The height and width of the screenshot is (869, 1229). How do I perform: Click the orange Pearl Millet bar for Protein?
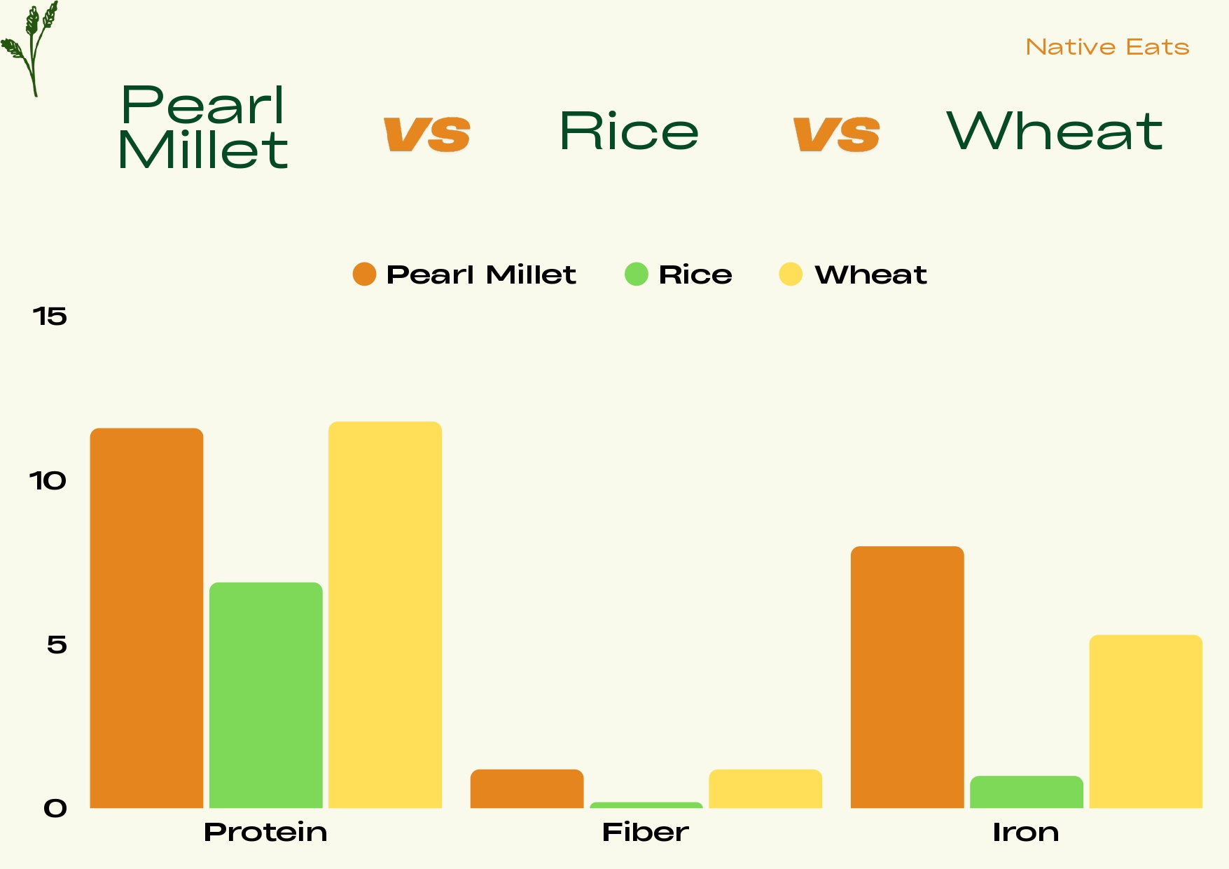[x=147, y=618]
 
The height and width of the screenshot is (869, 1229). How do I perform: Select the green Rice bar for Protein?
[x=266, y=695]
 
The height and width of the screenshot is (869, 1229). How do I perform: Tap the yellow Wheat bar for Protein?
[x=385, y=615]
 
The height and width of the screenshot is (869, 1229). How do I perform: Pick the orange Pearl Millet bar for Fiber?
[x=527, y=789]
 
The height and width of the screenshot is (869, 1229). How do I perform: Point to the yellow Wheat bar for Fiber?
[x=765, y=789]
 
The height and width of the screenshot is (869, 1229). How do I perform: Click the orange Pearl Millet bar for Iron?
[x=908, y=677]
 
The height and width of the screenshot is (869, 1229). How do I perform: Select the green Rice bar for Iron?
[x=1027, y=792]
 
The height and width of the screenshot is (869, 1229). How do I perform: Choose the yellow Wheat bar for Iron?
[x=1146, y=721]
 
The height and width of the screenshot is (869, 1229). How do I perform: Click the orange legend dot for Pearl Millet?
[x=364, y=274]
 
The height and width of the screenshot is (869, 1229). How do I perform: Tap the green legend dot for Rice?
[x=637, y=274]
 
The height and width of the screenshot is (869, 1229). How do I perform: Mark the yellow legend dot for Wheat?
[x=791, y=274]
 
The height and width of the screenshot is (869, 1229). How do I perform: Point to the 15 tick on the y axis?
[x=50, y=317]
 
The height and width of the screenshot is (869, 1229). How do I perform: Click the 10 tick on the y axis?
[x=48, y=481]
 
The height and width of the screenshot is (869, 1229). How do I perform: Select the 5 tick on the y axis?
[x=57, y=645]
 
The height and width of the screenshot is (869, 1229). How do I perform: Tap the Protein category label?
[x=265, y=833]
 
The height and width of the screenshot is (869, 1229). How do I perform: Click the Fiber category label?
[x=646, y=833]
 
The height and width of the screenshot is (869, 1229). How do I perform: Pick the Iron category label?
[x=1026, y=833]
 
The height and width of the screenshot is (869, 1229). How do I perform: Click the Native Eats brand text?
[x=1108, y=47]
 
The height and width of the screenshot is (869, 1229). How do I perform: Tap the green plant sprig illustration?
[x=29, y=48]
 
